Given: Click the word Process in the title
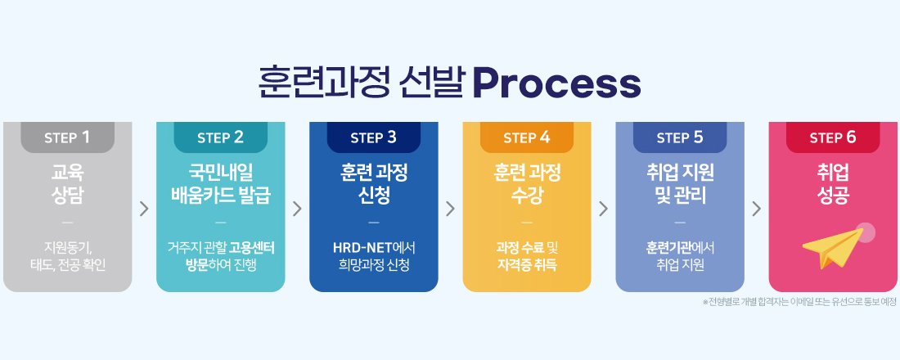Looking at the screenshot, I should coord(556,83).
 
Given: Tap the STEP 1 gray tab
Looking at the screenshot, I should coord(67,137).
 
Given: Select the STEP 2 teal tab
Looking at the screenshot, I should coord(220,137).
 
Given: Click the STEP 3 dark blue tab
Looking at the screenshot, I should coord(373,137).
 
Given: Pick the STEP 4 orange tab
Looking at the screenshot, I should coord(526,137).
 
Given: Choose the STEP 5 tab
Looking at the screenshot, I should coord(679,137).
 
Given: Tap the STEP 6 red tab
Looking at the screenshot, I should coord(832,137).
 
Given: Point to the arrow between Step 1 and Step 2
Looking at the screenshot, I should coord(144,209).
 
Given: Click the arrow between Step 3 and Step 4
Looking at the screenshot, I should coord(450,209).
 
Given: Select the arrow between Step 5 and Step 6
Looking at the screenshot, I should coord(756,209).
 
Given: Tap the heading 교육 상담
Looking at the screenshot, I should coord(67,184).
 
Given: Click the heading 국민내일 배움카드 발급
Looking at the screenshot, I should coord(220,184).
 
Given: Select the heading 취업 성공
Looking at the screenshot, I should coord(832,184).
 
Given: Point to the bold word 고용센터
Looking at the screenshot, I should coord(251,246).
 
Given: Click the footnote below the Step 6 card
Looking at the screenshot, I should coord(799,302).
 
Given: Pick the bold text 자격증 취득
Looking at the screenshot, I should coord(526,264).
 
